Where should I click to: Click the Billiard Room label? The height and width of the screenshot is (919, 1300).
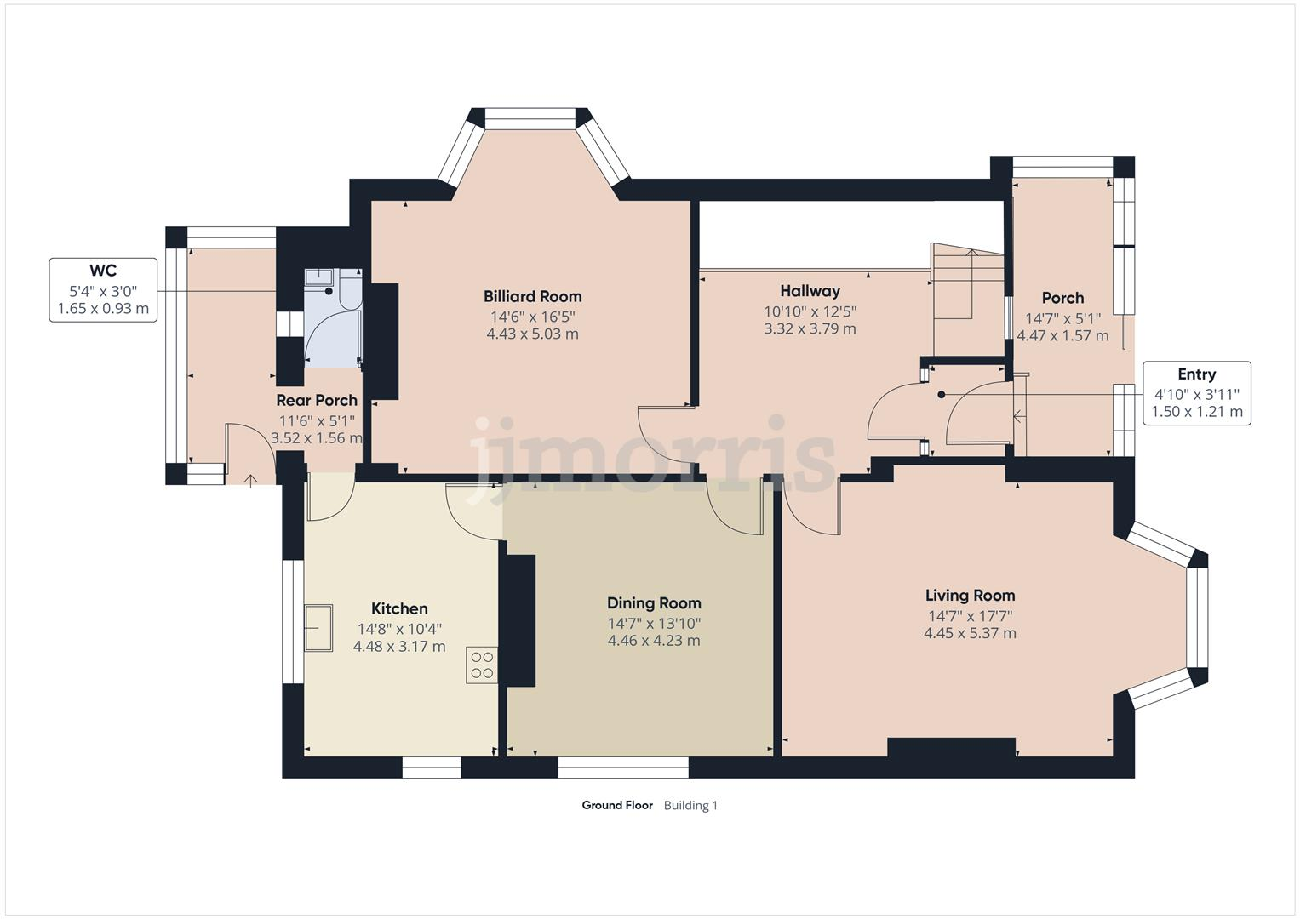click(532, 296)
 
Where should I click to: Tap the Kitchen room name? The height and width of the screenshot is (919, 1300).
click(399, 608)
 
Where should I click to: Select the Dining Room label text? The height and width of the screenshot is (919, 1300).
click(653, 603)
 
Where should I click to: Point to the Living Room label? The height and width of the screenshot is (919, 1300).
click(970, 596)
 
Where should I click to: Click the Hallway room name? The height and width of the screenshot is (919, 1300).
click(810, 291)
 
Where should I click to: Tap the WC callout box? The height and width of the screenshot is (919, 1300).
click(103, 289)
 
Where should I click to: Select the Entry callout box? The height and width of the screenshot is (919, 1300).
click(1196, 393)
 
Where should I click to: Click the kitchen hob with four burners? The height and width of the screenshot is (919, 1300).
click(482, 665)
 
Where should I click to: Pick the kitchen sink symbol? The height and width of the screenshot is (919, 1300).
click(319, 628)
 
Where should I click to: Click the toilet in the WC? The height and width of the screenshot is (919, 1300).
click(350, 290)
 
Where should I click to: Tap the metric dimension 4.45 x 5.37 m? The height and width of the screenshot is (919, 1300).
click(970, 633)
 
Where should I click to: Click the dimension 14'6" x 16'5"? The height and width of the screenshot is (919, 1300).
click(532, 316)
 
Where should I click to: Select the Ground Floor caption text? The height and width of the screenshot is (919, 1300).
click(617, 805)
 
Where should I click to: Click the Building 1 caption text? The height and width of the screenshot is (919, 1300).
click(690, 805)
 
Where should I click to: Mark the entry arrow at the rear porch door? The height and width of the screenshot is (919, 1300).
click(251, 482)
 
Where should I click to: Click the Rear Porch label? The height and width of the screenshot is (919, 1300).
click(317, 400)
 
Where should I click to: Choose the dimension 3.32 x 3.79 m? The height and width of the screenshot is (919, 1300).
click(810, 328)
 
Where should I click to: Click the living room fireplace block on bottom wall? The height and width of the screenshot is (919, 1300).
click(951, 746)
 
